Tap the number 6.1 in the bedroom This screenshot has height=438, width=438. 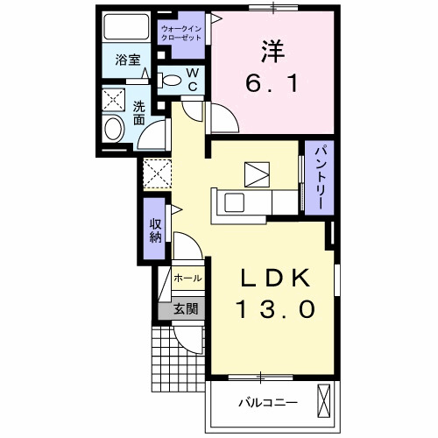pos(271,85)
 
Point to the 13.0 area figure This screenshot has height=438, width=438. pos(272,308)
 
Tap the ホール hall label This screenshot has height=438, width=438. pos(187,278)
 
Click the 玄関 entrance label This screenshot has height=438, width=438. pos(185,308)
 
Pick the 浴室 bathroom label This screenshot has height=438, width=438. pos(128,60)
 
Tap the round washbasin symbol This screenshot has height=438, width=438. pos(113,131)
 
